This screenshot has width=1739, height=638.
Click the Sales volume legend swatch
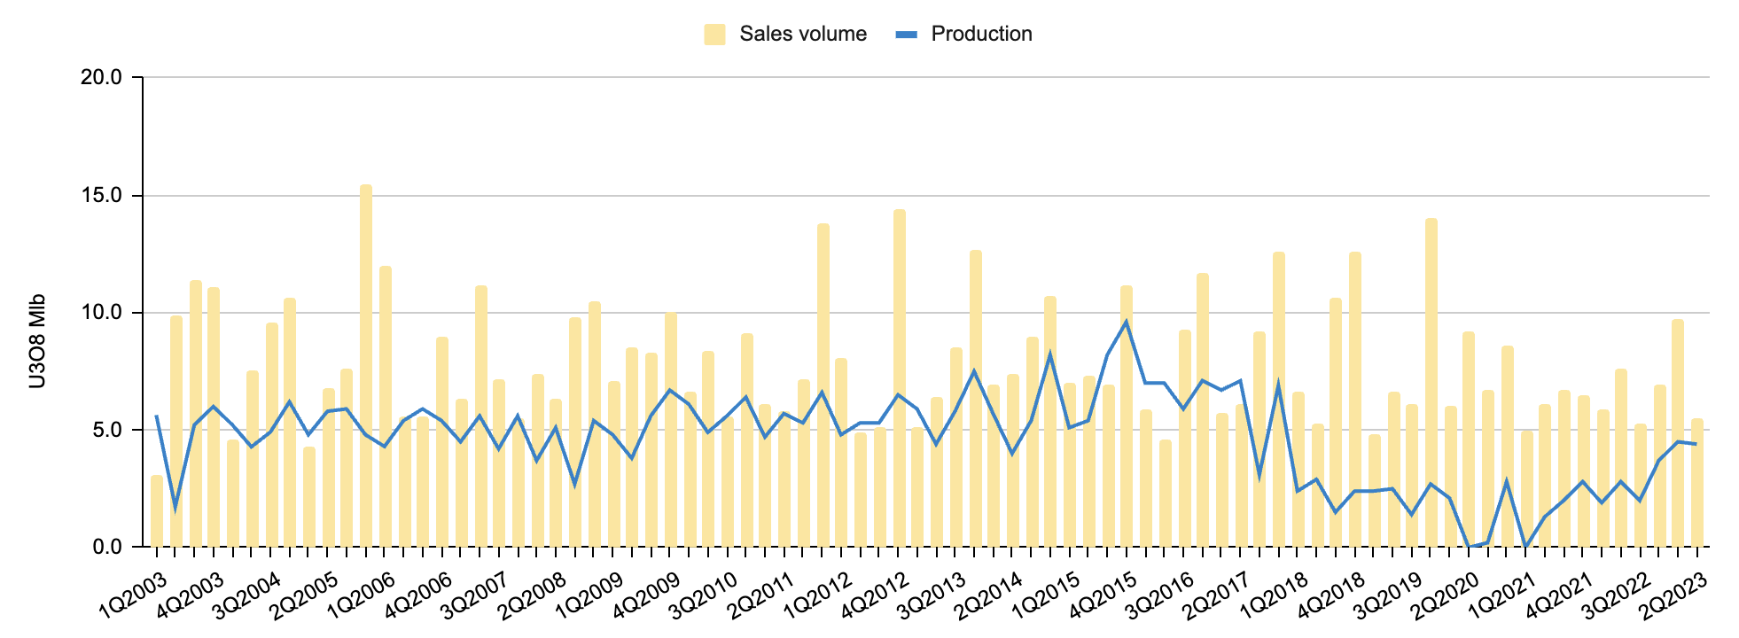[x=714, y=35]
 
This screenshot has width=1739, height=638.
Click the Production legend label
[x=981, y=35]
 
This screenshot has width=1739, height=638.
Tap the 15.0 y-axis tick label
[x=101, y=195]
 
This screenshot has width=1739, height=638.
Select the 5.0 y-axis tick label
[x=106, y=430]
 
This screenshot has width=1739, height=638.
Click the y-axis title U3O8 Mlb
[x=36, y=341]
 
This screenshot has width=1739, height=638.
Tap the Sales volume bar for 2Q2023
[x=1697, y=483]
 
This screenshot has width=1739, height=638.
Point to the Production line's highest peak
[x=1127, y=322]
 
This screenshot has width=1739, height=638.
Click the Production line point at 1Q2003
[x=157, y=416]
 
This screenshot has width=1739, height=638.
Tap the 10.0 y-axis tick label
[x=101, y=313]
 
